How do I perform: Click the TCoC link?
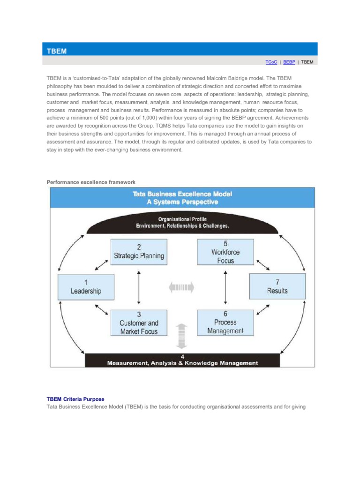271,62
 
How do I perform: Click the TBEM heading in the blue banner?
56,51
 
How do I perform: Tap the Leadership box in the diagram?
86,287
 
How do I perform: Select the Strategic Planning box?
139,252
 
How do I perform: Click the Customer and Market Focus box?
139,323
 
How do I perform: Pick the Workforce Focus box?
225,252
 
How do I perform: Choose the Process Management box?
225,322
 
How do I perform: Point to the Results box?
277,286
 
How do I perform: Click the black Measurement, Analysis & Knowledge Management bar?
182,360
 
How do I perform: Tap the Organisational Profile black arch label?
182,223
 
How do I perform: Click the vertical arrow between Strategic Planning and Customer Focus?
139,287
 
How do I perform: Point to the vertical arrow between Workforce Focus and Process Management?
225,287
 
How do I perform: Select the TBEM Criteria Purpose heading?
75,399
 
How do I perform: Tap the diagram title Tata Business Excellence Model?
182,194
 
